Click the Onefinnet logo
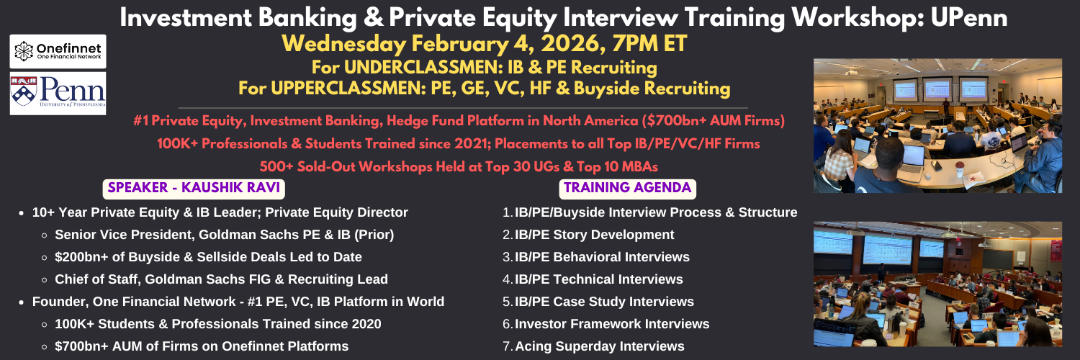point(58,51)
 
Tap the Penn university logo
point(58,94)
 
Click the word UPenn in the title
point(969,17)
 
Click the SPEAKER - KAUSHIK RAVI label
point(194,187)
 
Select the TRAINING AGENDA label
point(628,187)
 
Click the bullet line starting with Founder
point(238,302)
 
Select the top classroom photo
point(937,125)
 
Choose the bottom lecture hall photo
point(937,284)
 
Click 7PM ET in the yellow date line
point(649,43)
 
